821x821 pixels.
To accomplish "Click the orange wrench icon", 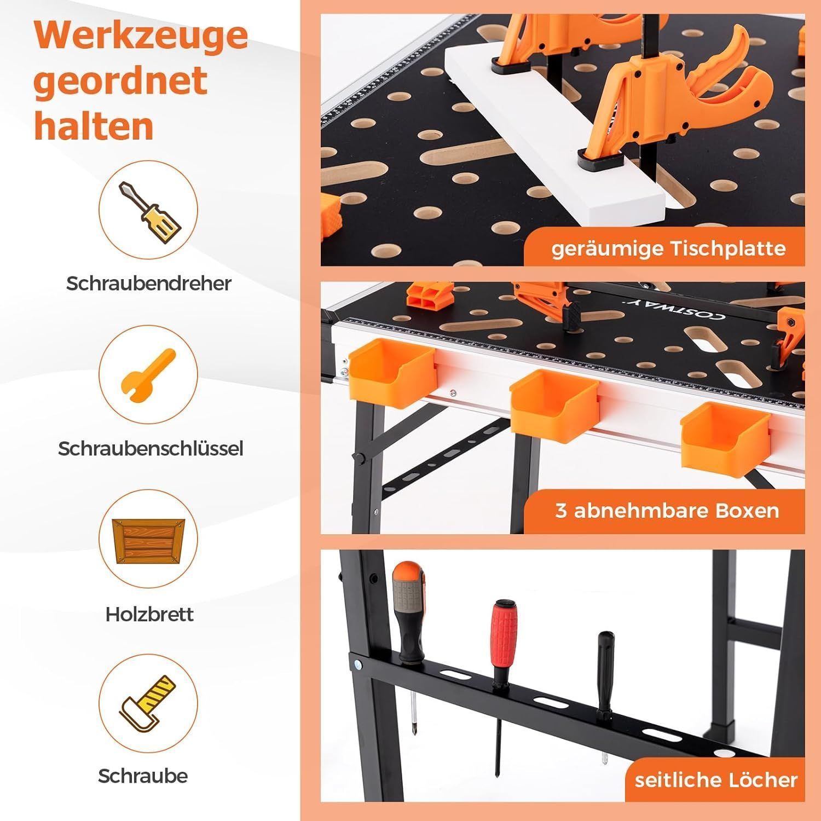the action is click(x=148, y=374).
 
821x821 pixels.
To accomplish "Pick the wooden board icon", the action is click(x=148, y=539).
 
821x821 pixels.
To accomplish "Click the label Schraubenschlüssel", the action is click(x=151, y=448).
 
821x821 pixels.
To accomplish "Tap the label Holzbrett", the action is click(x=149, y=614).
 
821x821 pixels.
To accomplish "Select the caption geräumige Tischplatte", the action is click(x=668, y=249).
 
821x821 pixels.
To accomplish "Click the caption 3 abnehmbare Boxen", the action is click(x=667, y=510).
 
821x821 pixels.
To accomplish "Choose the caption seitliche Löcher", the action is click(x=716, y=779).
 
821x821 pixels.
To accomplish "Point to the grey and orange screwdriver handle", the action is click(x=407, y=608).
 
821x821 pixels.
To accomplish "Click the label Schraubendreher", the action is click(x=149, y=283).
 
